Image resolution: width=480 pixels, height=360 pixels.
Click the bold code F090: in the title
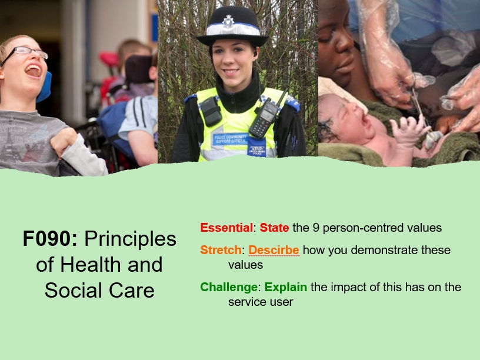coord(51,239)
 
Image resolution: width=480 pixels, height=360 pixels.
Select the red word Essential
coord(226,228)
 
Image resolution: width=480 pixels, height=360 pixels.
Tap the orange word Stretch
coord(221,250)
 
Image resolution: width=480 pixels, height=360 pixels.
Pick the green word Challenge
coord(229,287)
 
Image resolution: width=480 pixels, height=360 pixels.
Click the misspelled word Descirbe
coord(274,250)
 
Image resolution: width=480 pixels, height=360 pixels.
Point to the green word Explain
coord(286,287)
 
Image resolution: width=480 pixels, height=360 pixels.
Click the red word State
coord(274,228)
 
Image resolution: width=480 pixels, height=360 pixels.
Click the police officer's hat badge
coord(228,22)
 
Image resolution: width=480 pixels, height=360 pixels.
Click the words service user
coord(261,302)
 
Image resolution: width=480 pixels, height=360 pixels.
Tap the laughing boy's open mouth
coord(34,71)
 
